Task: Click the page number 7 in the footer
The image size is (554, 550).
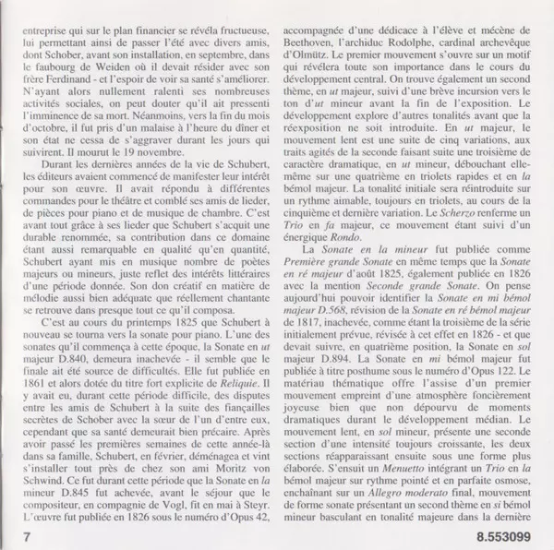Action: (x=28, y=534)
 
